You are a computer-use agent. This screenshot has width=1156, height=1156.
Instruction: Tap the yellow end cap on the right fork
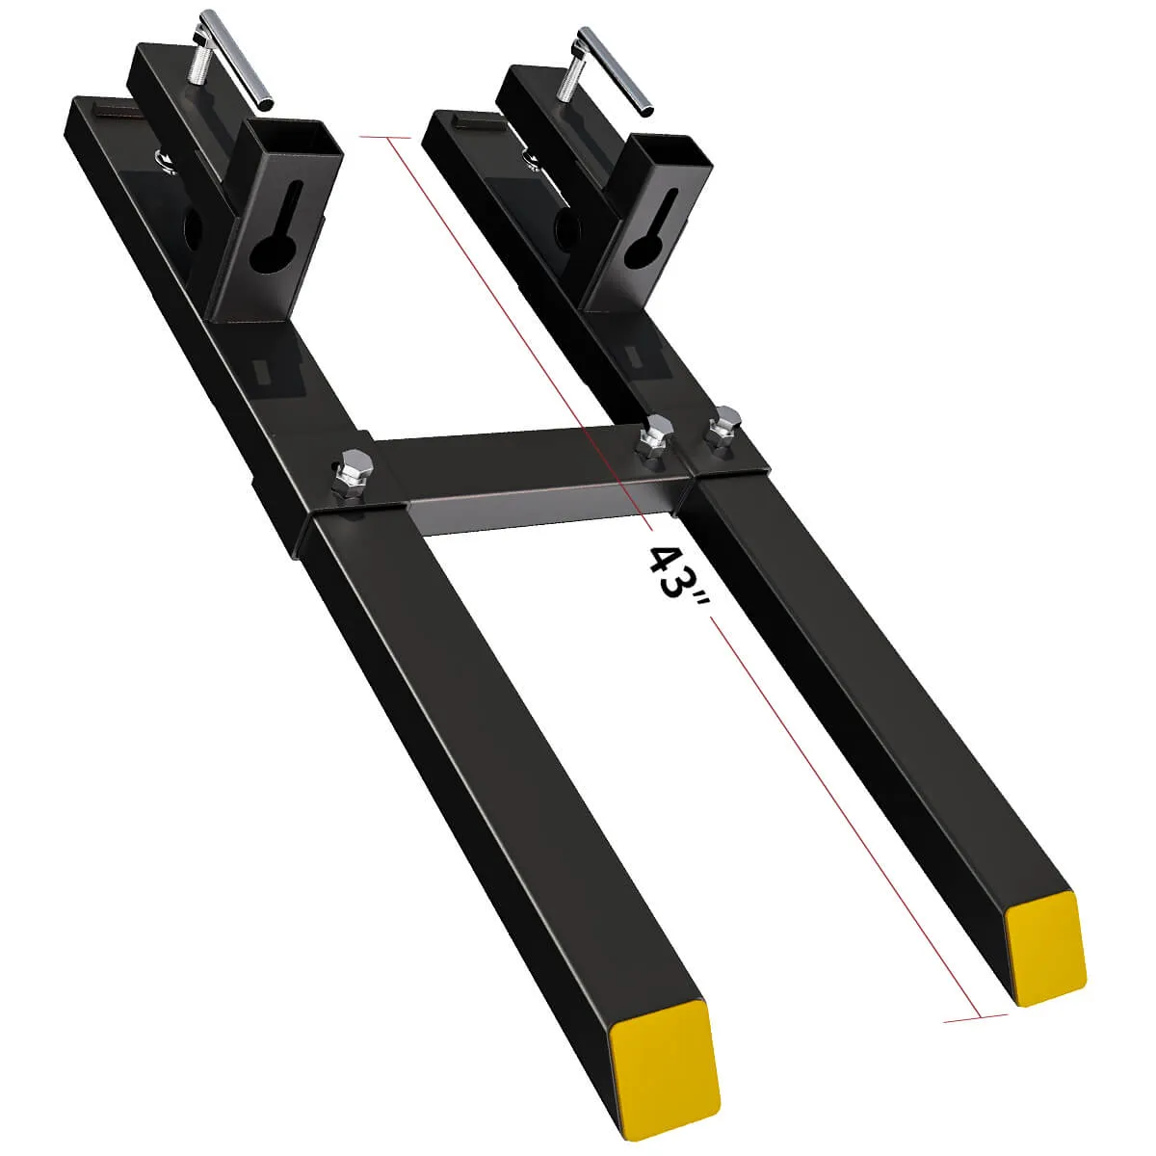click(1045, 948)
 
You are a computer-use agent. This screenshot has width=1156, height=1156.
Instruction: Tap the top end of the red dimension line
click(388, 139)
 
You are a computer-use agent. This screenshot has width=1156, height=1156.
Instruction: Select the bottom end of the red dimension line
click(979, 1016)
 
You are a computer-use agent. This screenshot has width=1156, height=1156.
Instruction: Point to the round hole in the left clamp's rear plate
click(191, 229)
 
